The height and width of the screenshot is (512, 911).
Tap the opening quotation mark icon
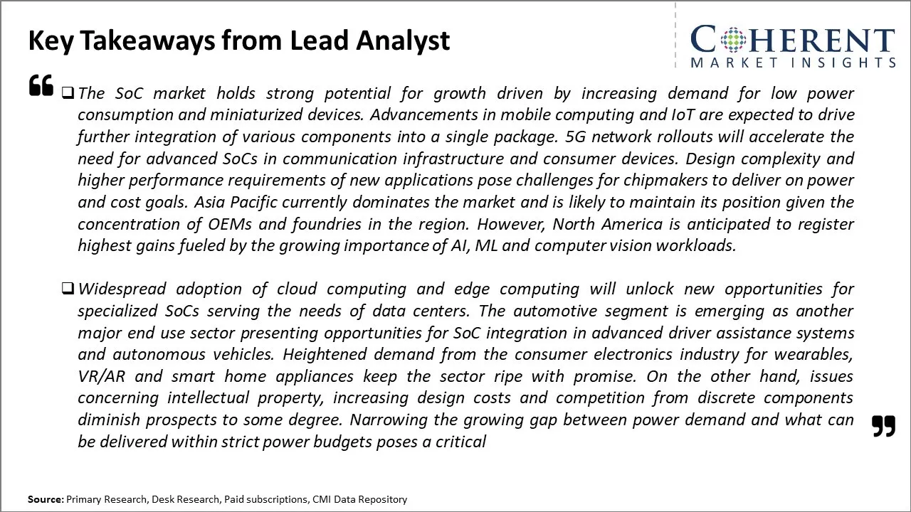coord(41,85)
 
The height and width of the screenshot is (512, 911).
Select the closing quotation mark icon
coord(883,426)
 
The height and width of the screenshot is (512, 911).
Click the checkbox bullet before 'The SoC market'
coord(68,92)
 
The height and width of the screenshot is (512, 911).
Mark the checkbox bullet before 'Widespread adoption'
coord(68,289)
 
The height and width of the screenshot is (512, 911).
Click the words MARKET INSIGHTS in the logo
coord(792,63)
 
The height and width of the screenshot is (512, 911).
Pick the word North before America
coord(573,224)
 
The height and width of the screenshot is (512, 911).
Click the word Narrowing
coord(386,420)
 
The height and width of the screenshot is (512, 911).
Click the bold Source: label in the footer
coord(46,499)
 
